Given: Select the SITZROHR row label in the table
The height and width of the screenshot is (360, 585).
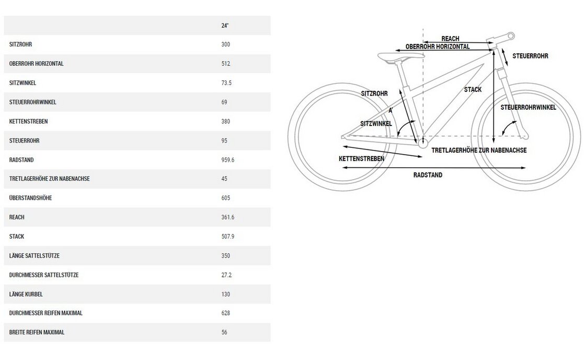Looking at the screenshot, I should tap(20, 44).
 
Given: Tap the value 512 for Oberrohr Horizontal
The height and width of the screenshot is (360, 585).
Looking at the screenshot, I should tap(226, 64).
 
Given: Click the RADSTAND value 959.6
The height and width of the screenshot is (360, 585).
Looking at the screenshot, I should tap(228, 159).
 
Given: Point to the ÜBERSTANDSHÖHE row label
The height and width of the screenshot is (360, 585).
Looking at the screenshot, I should tap(30, 198).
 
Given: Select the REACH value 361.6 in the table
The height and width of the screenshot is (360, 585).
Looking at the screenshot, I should tap(228, 217).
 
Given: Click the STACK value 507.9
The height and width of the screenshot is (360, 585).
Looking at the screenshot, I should tap(228, 237).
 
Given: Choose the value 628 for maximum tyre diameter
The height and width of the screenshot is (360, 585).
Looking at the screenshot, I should tap(226, 313).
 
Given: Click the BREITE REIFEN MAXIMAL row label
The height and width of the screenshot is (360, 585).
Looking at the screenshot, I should tap(37, 332).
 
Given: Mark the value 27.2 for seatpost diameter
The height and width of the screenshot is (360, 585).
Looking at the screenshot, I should tap(227, 275).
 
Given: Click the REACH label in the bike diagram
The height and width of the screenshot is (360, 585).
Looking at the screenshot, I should tap(450, 39).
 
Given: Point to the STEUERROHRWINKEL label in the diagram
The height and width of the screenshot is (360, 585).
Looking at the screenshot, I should tap(528, 107).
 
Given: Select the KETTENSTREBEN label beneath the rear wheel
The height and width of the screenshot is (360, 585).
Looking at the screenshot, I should tap(361, 158).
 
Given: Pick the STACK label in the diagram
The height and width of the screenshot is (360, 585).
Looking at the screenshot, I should tap(473, 90).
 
